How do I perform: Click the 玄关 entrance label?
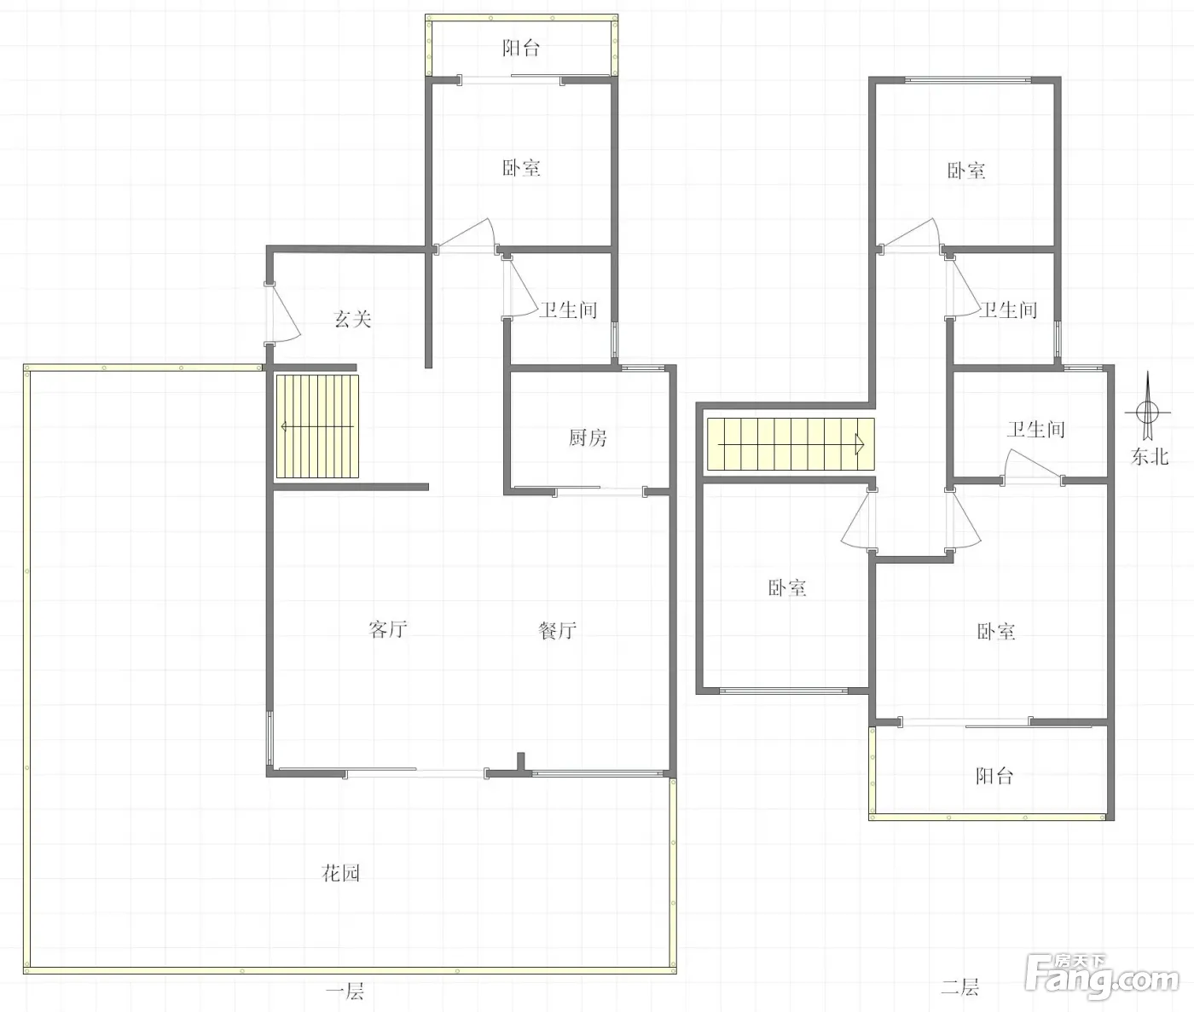click(352, 319)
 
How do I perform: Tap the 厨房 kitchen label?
click(588, 438)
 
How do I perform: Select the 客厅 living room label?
click(387, 629)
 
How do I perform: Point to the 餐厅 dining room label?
click(557, 630)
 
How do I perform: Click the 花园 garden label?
click(341, 873)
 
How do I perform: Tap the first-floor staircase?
click(317, 427)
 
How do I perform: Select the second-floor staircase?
click(791, 444)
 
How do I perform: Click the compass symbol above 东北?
click(1147, 410)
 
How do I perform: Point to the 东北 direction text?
click(1150, 457)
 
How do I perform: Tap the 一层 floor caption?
click(345, 992)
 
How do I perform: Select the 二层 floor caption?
click(960, 987)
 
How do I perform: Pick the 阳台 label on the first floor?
click(521, 48)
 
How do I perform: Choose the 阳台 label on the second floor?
click(994, 776)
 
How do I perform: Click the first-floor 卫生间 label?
click(568, 310)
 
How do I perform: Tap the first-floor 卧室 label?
click(521, 168)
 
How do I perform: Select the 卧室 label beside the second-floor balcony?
click(996, 632)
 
